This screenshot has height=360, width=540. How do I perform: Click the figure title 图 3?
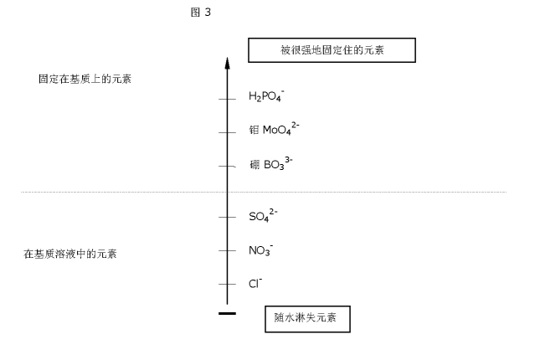(x=200, y=13)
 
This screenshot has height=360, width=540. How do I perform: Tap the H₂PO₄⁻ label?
(x=266, y=95)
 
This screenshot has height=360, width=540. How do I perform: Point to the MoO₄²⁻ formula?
(x=280, y=129)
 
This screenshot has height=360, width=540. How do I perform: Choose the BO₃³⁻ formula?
(x=278, y=163)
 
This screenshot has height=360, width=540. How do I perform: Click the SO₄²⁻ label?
(x=263, y=216)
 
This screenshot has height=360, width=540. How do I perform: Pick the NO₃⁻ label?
(x=261, y=250)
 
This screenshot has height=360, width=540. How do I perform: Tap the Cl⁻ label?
(x=255, y=283)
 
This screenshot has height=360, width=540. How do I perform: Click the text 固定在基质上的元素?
(x=85, y=79)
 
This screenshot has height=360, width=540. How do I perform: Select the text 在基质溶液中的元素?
(x=70, y=254)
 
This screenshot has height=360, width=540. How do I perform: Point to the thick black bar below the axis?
(x=227, y=313)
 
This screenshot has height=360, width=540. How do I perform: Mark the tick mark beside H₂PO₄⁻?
(x=227, y=100)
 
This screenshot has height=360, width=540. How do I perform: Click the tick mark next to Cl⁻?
(x=227, y=284)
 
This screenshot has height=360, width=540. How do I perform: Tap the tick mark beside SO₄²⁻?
(x=227, y=217)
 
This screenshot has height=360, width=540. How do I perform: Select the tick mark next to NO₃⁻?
(x=227, y=250)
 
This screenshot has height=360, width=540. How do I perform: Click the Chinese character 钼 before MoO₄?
(x=255, y=130)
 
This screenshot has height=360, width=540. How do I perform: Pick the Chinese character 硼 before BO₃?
(x=255, y=165)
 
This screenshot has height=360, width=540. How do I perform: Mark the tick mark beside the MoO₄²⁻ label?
(x=227, y=132)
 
